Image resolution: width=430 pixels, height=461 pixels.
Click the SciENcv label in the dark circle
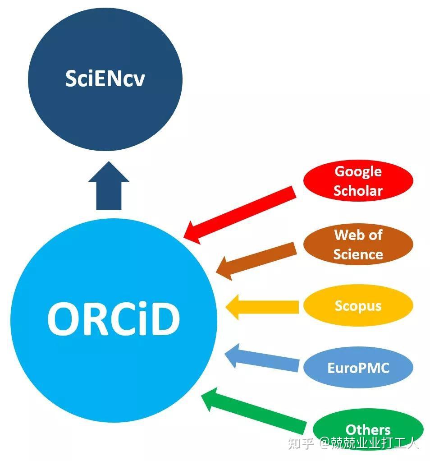[x=105, y=78]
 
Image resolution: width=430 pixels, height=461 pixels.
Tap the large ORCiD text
[x=114, y=319]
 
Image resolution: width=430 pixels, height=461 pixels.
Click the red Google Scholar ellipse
[x=358, y=180]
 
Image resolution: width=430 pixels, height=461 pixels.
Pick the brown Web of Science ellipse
[x=358, y=244]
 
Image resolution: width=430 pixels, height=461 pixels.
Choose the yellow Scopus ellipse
[x=358, y=306]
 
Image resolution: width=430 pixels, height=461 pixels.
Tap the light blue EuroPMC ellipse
[x=358, y=368]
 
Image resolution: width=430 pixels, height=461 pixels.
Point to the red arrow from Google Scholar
[x=241, y=215]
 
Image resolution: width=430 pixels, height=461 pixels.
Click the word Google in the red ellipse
[x=358, y=171]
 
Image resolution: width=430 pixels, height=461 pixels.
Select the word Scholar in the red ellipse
[x=358, y=190]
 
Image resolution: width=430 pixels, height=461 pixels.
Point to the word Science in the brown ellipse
[x=358, y=254]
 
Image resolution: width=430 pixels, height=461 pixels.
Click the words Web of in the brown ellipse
[x=358, y=235]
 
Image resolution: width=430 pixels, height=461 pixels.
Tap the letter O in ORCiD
[x=64, y=319]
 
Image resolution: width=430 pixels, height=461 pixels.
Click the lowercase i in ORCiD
[x=142, y=319]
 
